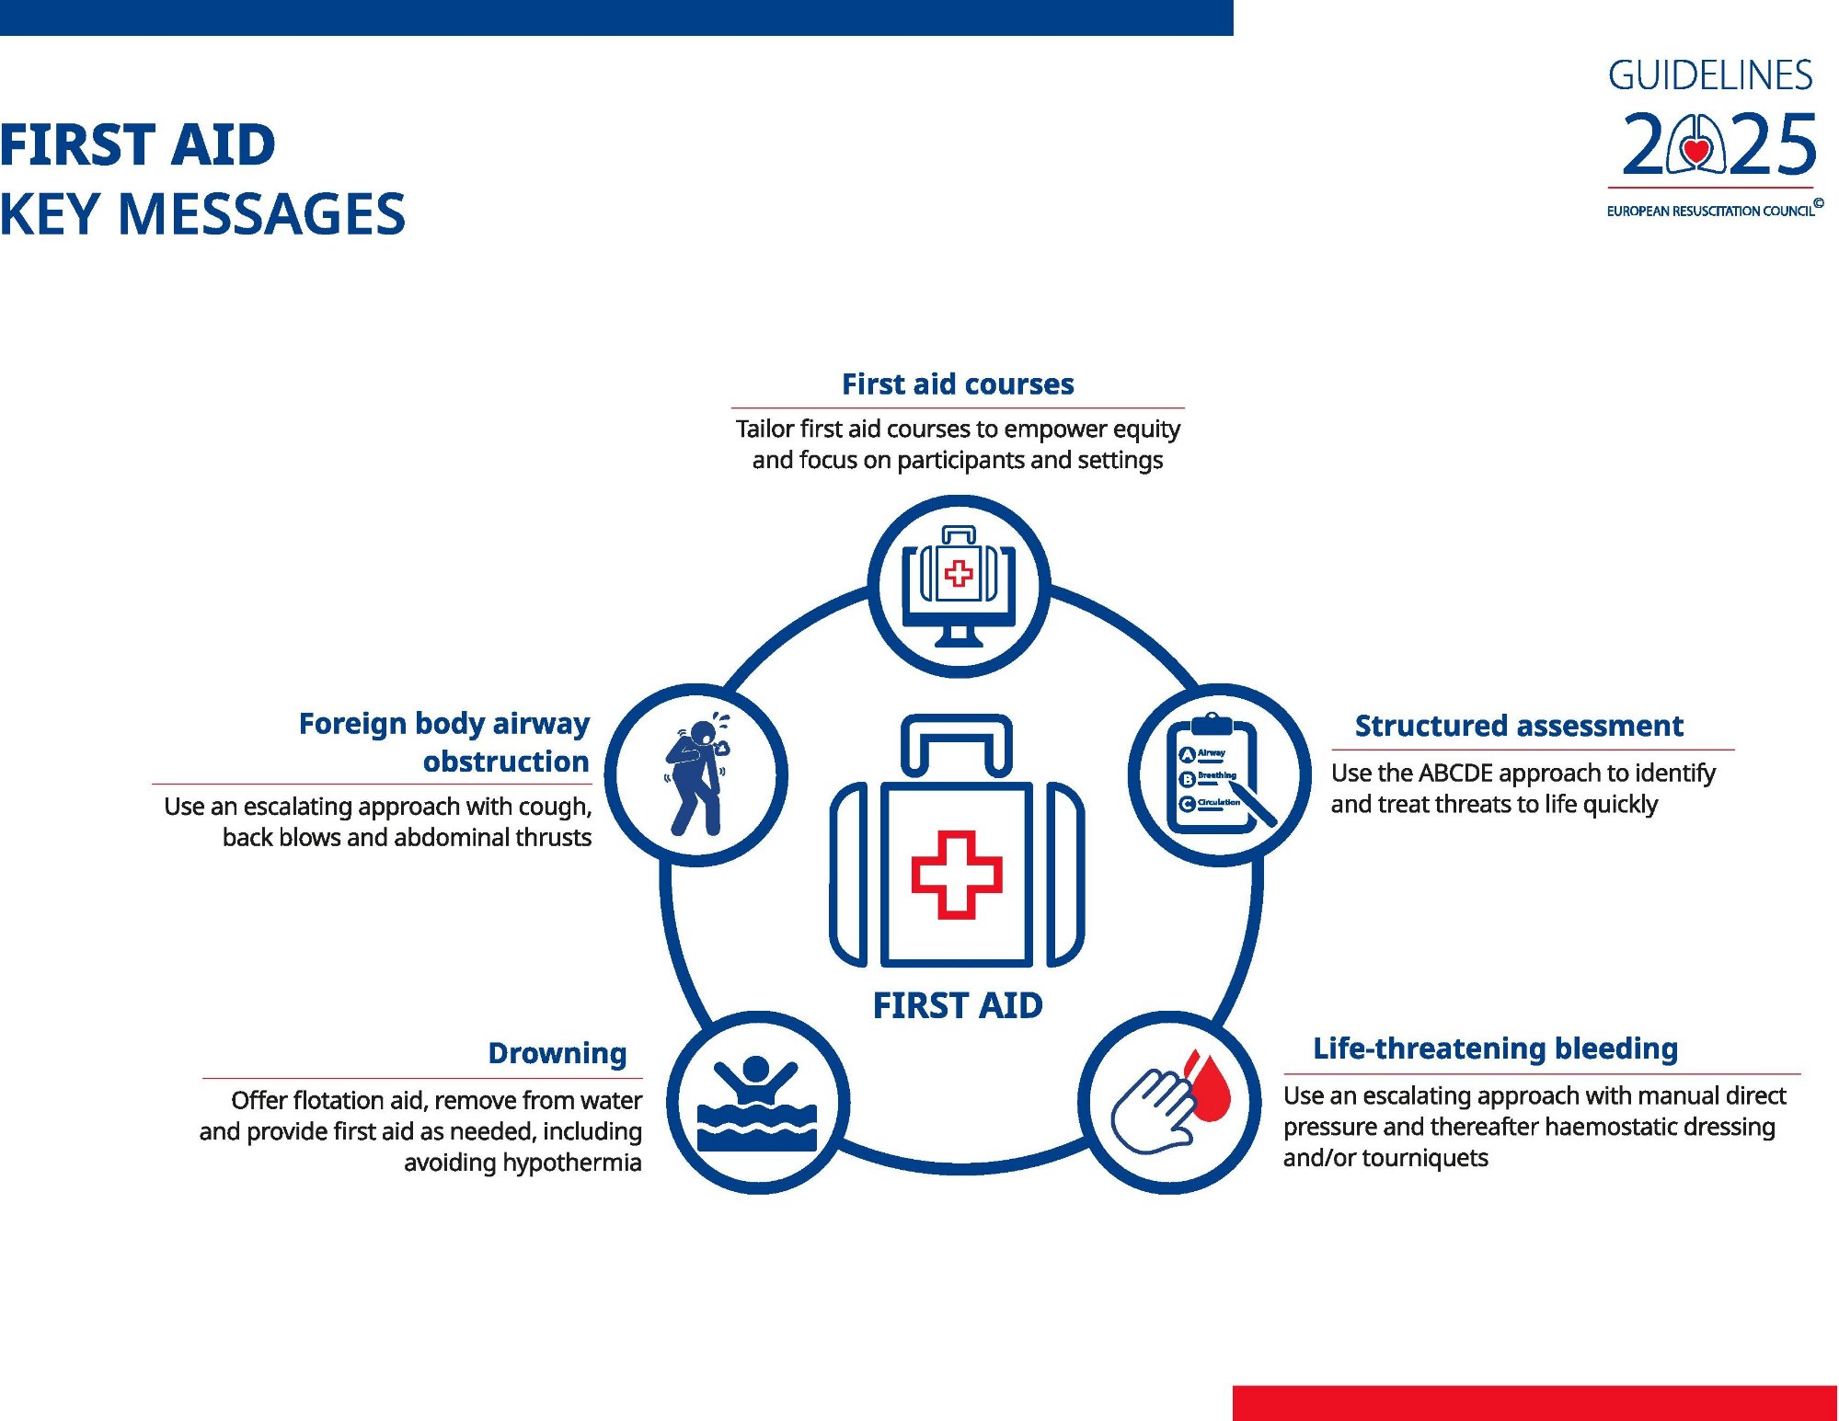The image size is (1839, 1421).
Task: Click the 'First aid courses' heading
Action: (x=958, y=384)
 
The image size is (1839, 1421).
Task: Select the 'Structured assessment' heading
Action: (x=1519, y=726)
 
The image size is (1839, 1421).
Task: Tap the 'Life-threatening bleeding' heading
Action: (x=1495, y=1049)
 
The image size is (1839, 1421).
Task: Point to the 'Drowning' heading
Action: (x=557, y=1053)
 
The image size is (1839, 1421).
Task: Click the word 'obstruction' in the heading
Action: (x=506, y=762)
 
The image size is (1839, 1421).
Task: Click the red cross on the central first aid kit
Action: (x=957, y=875)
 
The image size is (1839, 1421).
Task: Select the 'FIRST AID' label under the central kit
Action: (x=958, y=1005)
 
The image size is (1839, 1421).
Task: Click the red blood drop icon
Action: (x=1208, y=1087)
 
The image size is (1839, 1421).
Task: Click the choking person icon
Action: (x=696, y=774)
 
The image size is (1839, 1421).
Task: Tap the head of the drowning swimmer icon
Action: (x=755, y=1070)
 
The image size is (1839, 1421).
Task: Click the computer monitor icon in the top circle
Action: (x=959, y=587)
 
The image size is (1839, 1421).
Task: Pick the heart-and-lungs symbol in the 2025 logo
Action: (x=1696, y=144)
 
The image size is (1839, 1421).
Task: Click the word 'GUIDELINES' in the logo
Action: (x=1710, y=75)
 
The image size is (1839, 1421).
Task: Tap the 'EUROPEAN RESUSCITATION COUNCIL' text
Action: (x=1710, y=211)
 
